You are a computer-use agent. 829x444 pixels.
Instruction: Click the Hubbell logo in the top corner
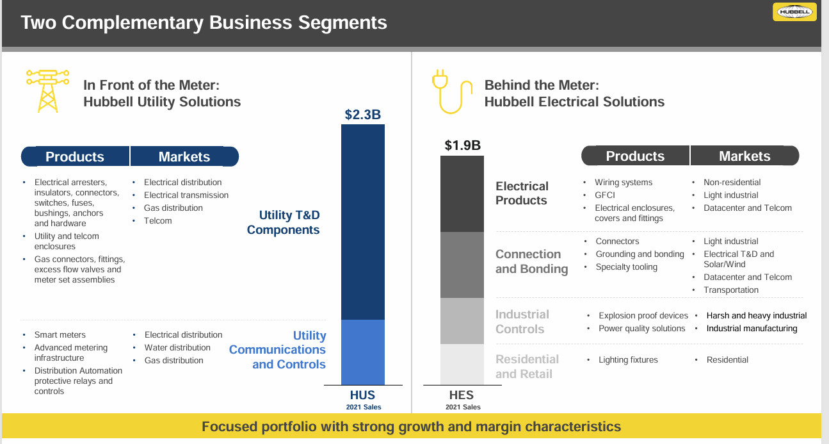pos(794,12)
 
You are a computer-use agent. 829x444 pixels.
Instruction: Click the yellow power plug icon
pos(451,92)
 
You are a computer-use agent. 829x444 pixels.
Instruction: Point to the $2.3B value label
pos(362,115)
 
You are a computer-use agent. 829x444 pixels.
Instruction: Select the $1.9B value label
pos(462,145)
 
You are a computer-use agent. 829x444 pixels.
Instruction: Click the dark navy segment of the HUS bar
pos(362,222)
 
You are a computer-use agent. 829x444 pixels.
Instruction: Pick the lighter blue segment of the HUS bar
pos(362,352)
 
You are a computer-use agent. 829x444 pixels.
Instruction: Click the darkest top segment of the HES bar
pos(462,193)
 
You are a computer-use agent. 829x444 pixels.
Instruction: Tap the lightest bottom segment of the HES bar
pos(462,364)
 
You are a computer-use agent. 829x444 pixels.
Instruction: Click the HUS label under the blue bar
pos(362,395)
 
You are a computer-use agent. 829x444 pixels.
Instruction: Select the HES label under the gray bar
pos(462,396)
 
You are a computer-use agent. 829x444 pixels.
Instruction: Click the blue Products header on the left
pos(75,157)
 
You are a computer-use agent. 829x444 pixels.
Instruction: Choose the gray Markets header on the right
pos(744,156)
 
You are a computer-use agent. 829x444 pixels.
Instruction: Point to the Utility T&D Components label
pos(283,222)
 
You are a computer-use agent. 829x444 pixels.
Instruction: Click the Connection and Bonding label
pos(531,261)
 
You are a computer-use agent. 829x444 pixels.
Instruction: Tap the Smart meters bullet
pos(60,334)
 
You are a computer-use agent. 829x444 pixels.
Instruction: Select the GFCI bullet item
pos(605,195)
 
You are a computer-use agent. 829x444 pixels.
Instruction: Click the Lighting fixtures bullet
pos(628,359)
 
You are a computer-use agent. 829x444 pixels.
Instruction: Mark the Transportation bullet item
pos(731,290)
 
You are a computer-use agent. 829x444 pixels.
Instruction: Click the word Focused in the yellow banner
pos(230,427)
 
